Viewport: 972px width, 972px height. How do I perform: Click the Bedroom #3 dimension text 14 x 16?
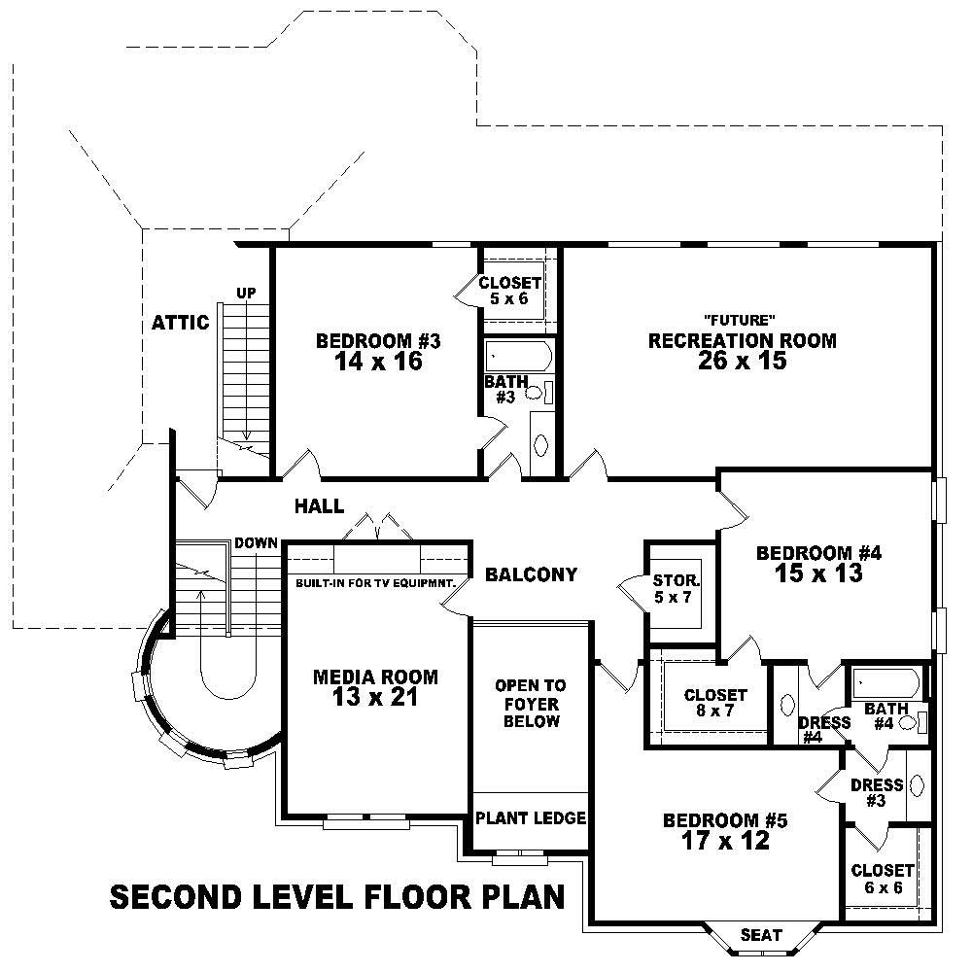(378, 361)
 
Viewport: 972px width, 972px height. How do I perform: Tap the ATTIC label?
(180, 323)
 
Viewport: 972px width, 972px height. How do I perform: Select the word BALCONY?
(532, 574)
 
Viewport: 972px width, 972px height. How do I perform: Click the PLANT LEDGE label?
(531, 818)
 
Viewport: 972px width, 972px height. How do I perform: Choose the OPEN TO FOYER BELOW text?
(531, 704)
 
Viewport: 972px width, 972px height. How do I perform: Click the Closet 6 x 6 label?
(882, 879)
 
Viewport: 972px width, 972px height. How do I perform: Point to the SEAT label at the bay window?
(761, 935)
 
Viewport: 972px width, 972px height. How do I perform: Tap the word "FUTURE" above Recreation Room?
(741, 320)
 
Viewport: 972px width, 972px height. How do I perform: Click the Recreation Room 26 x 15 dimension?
(742, 361)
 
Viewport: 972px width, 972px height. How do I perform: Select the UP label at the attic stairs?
(246, 293)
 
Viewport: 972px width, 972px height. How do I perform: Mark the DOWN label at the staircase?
(256, 543)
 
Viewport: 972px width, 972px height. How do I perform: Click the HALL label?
(320, 505)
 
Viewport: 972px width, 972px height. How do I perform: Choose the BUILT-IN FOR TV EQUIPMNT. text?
(375, 584)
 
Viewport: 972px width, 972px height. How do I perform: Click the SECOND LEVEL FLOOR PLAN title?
(337, 896)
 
